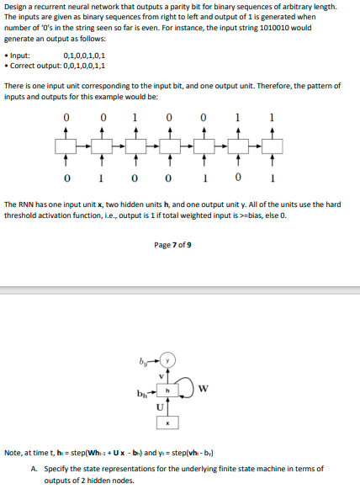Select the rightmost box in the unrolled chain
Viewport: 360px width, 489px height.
[271, 146]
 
